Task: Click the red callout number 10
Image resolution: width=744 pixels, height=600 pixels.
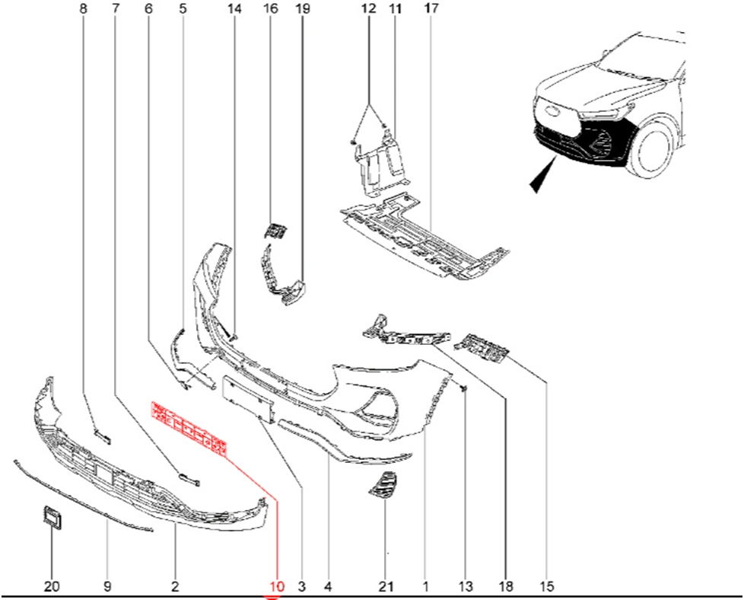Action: pos(276,586)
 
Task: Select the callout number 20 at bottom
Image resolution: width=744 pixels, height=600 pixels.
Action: pos(52,586)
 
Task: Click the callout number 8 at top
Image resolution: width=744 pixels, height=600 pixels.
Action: pos(84,8)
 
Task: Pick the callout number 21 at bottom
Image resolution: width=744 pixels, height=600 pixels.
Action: pos(386,586)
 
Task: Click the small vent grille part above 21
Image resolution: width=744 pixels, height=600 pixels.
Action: pos(383,486)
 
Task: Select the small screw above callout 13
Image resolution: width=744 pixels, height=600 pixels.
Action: pos(464,388)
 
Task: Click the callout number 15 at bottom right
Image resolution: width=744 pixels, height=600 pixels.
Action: pos(547,586)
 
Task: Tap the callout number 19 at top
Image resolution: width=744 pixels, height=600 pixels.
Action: pos(302,8)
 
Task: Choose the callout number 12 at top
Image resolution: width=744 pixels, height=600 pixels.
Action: pos(368,8)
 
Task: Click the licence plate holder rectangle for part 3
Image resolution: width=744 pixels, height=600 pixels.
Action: pos(248,399)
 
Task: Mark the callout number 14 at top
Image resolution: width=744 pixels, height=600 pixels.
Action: pos(234,8)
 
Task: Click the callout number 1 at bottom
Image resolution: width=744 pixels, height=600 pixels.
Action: pos(425,586)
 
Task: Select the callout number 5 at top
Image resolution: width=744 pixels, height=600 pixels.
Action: pos(183,8)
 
